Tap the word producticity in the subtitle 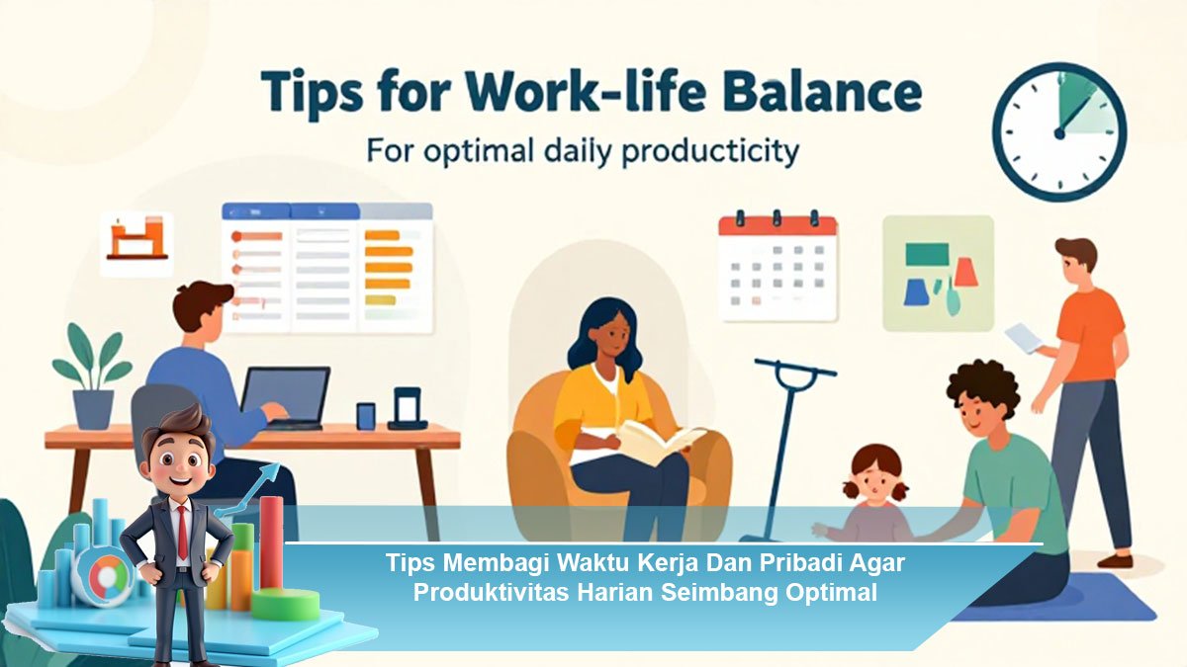tap(710, 153)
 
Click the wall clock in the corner tap(1059, 131)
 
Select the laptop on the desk tap(285, 398)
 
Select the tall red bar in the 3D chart tap(271, 543)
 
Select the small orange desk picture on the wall tap(137, 243)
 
